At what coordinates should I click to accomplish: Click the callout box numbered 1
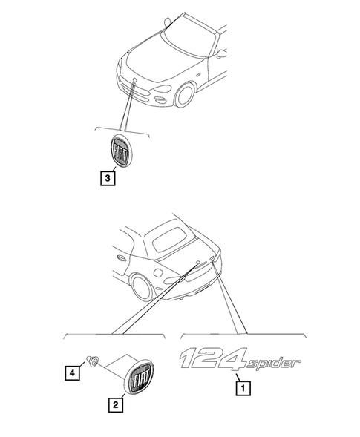click(243, 388)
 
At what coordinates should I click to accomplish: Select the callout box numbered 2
click(116, 405)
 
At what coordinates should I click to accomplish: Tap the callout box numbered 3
click(108, 178)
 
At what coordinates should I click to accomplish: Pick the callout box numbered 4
click(72, 372)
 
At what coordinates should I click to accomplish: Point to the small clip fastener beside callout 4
click(92, 361)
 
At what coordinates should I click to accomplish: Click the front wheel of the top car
click(184, 94)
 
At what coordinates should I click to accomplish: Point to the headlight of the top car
click(163, 89)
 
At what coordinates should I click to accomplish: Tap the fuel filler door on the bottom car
click(159, 272)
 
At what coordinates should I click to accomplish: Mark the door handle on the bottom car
click(121, 257)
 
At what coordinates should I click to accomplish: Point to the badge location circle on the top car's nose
click(134, 81)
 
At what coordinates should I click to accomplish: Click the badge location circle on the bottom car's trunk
click(197, 262)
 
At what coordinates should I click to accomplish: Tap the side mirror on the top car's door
click(222, 53)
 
